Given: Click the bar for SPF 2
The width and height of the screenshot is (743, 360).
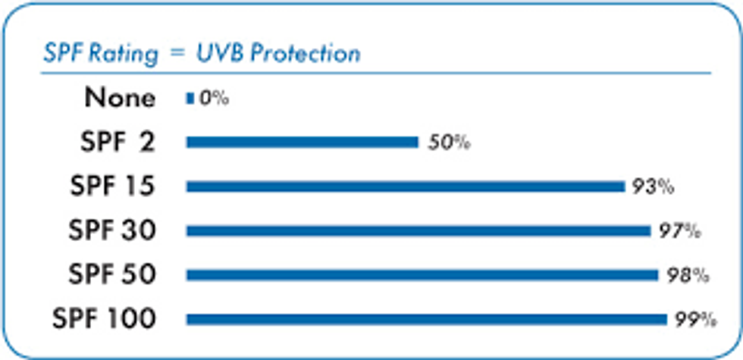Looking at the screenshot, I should [x=302, y=142].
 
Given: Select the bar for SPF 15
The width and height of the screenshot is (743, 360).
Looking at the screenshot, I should [x=405, y=186].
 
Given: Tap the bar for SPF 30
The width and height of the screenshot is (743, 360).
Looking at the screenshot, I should [x=418, y=230].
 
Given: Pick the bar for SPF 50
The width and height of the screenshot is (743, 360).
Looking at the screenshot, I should [x=422, y=275].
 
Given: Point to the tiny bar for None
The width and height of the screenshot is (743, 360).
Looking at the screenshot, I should [x=190, y=98].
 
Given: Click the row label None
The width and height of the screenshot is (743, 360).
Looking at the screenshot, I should [x=120, y=98].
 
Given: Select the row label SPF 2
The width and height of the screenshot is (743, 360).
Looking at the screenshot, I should [x=117, y=142].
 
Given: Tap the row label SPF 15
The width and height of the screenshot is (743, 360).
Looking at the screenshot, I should [x=112, y=186].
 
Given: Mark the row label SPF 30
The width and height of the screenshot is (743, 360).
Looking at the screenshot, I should [x=112, y=230].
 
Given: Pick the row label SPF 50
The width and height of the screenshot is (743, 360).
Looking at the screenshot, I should [x=112, y=275].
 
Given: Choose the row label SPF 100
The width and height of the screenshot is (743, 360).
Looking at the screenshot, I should [x=104, y=319].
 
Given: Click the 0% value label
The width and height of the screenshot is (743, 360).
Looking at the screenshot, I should [x=213, y=98].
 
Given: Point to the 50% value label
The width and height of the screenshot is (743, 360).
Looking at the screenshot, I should [x=447, y=142].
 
